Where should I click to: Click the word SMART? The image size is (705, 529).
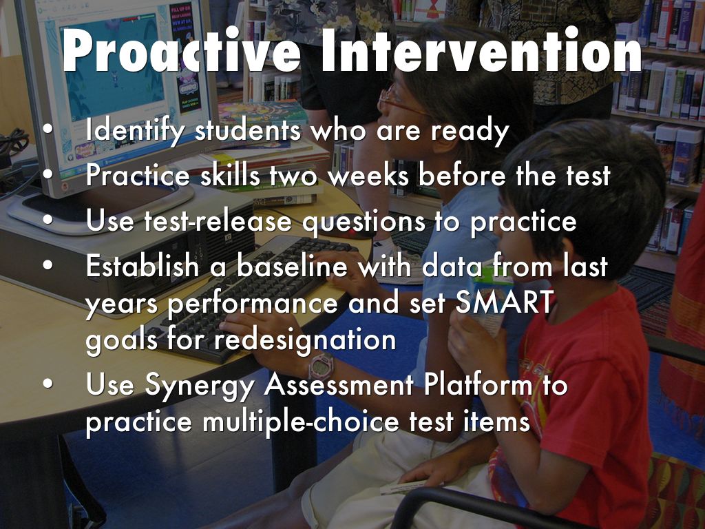click(x=504, y=302)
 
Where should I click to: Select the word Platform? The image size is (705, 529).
click(x=478, y=384)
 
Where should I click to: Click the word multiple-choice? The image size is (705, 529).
click(x=301, y=422)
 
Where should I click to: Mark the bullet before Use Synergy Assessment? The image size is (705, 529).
click(x=48, y=384)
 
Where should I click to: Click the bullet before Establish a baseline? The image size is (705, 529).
click(x=48, y=264)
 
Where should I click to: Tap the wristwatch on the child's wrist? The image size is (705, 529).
click(x=321, y=367)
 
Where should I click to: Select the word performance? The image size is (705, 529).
click(x=253, y=303)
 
